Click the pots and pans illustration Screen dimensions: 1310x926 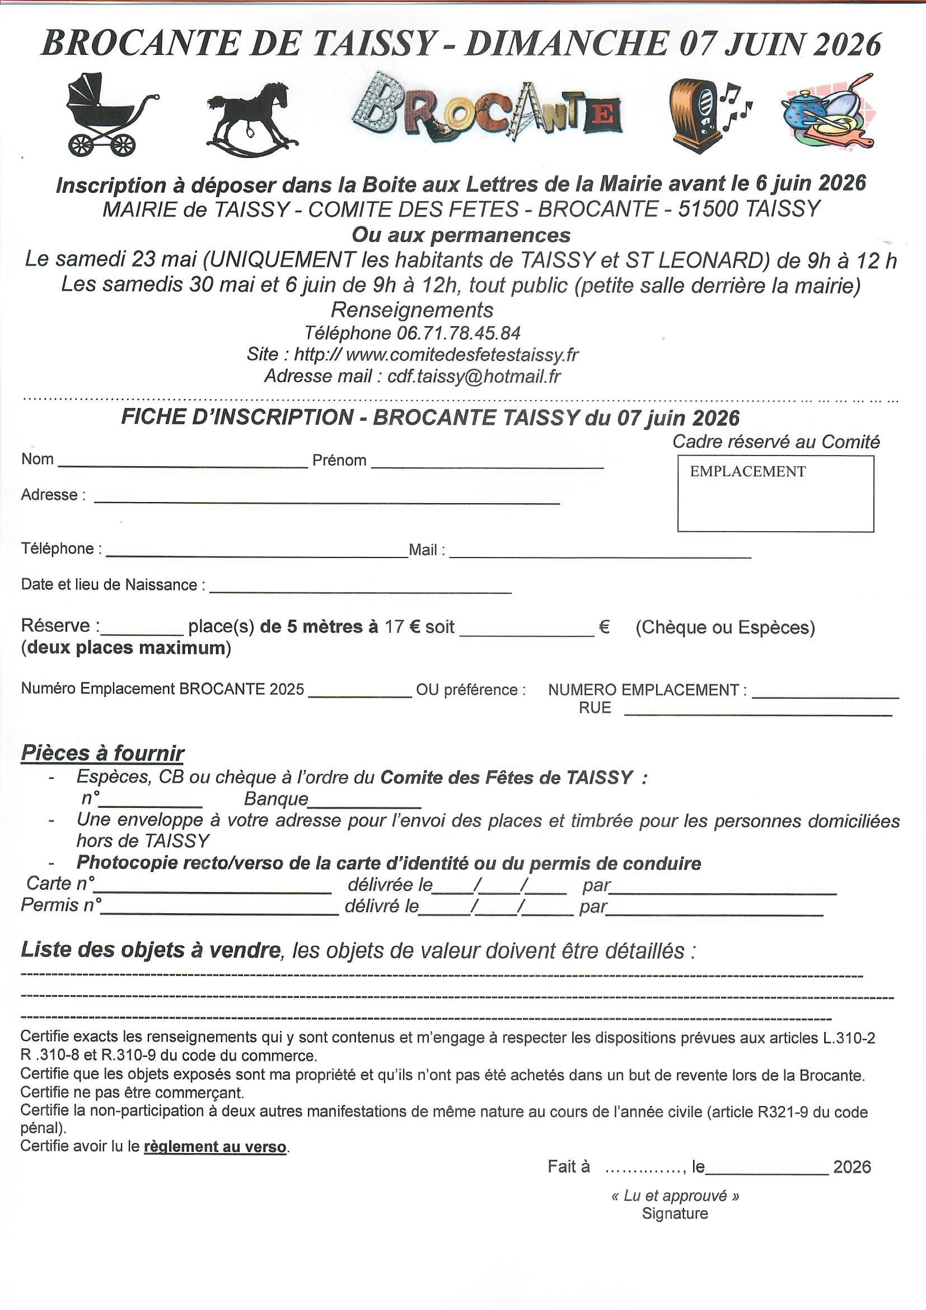tap(827, 114)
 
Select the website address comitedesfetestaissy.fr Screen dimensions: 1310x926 tap(462, 355)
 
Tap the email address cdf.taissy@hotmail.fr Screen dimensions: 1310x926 tap(474, 377)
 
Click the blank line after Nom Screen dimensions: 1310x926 tap(183, 463)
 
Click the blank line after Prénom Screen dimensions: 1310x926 tap(487, 463)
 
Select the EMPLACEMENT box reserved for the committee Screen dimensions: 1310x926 tap(775, 494)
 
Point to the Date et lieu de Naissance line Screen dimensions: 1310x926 tap(360, 588)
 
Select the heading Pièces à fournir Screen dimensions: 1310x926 tap(102, 754)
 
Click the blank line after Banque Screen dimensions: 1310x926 tap(364, 802)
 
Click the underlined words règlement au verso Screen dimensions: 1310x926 tap(215, 1147)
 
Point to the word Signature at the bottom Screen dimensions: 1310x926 tap(675, 1214)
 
